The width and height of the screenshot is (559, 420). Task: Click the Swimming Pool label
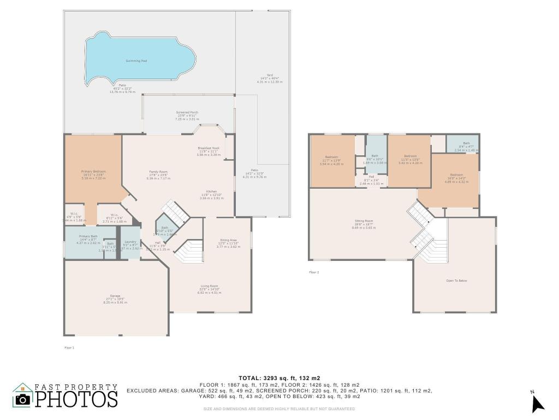pyautogui.click(x=136, y=61)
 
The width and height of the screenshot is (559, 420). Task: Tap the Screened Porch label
pyautogui.click(x=187, y=113)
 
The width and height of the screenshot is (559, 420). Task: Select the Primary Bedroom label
pyautogui.click(x=93, y=172)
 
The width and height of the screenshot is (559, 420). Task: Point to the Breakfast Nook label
pyautogui.click(x=209, y=148)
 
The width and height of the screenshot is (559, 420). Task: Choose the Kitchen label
pyautogui.click(x=211, y=191)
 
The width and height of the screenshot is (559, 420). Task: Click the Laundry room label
pyautogui.click(x=130, y=242)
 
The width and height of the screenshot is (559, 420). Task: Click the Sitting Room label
pyautogui.click(x=364, y=220)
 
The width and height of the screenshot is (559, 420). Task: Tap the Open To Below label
pyautogui.click(x=456, y=281)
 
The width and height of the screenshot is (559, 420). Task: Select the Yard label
pyautogui.click(x=270, y=75)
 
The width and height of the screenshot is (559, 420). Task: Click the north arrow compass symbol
pyautogui.click(x=538, y=403)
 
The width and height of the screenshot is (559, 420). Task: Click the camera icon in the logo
pyautogui.click(x=22, y=399)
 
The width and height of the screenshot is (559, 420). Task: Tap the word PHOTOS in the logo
pyautogui.click(x=76, y=399)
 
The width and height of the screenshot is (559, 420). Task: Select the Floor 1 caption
pyautogui.click(x=69, y=347)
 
